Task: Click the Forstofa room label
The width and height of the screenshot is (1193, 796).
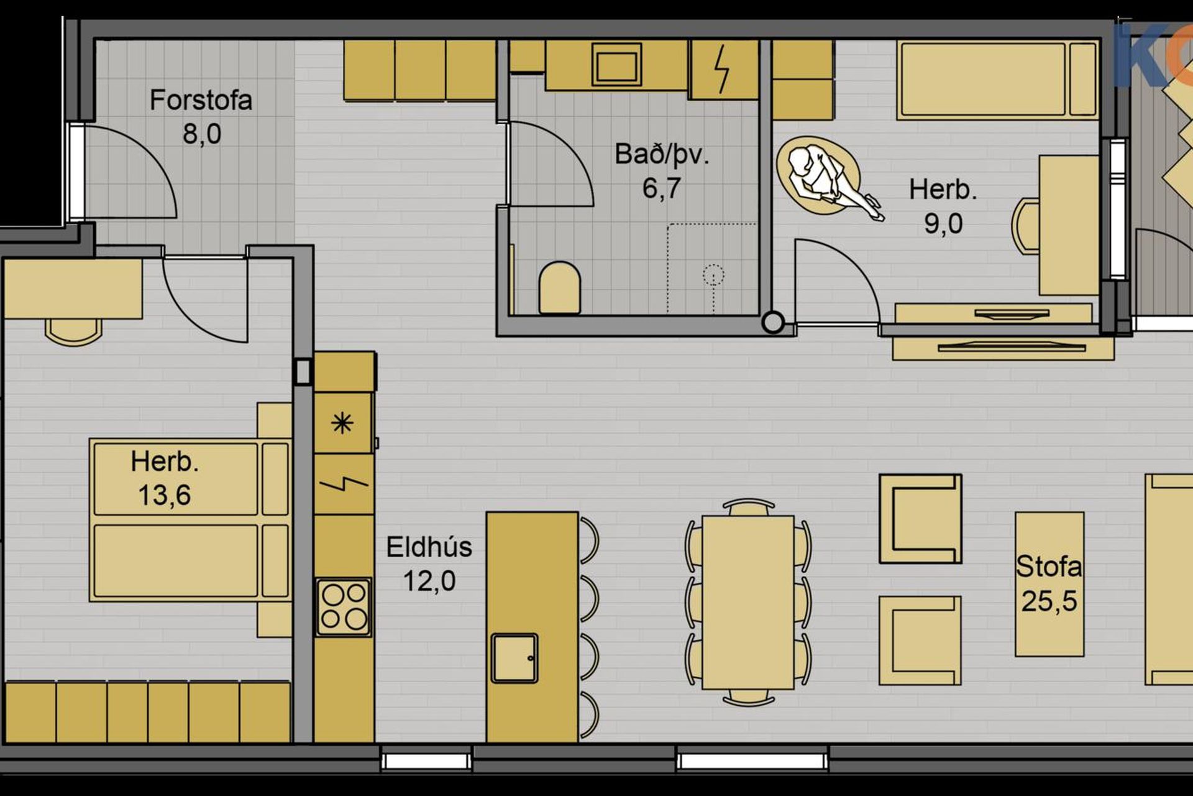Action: [201, 100]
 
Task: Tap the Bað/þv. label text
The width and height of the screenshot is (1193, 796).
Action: [662, 155]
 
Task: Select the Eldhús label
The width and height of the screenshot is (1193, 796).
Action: [429, 547]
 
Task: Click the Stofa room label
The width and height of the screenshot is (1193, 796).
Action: [1049, 567]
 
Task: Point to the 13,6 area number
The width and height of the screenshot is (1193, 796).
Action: [164, 496]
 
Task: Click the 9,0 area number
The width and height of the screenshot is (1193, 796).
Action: [943, 224]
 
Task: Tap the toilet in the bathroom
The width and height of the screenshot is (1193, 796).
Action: [559, 287]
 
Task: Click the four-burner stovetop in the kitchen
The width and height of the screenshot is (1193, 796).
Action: [344, 607]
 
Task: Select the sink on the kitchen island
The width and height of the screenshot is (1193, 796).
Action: [514, 658]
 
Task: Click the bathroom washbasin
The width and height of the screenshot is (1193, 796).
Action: [616, 63]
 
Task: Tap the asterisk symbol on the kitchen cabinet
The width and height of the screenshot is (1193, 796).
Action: [342, 423]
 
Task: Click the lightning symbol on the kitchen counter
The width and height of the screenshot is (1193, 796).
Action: [344, 483]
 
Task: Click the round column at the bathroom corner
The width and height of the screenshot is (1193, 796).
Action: [773, 323]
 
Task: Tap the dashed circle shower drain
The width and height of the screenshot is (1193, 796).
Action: [713, 274]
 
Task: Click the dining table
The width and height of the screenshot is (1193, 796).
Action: [748, 602]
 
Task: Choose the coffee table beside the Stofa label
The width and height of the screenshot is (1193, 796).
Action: [1049, 584]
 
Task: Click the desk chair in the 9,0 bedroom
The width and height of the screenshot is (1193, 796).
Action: [1026, 225]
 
